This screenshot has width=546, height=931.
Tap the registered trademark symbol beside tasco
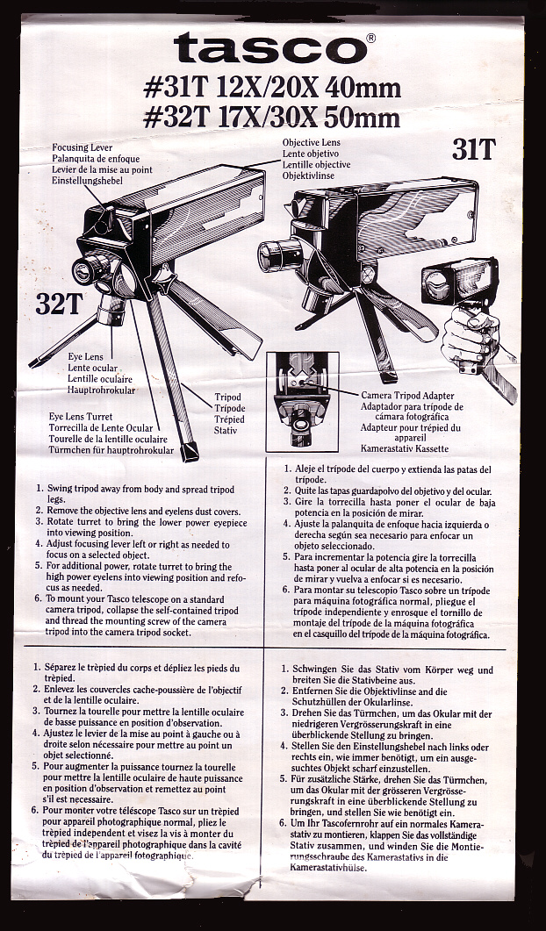click(371, 38)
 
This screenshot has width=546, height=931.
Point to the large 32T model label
click(59, 304)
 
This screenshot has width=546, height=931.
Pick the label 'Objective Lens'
click(311, 142)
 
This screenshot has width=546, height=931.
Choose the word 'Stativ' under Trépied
click(227, 431)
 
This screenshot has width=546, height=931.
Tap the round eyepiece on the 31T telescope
click(279, 254)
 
